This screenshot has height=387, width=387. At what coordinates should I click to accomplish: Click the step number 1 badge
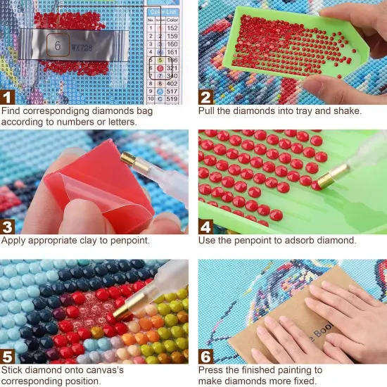[x=9, y=96]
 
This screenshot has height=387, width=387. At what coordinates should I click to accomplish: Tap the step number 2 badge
[x=206, y=96]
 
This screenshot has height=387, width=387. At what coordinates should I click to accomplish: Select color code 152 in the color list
[x=172, y=29]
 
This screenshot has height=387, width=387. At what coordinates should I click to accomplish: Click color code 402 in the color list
[x=172, y=83]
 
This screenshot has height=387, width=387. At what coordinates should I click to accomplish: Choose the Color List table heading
[x=164, y=10]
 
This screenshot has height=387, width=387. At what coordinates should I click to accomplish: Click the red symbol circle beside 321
[x=160, y=68]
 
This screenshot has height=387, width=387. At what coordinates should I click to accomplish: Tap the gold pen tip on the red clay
[x=130, y=161]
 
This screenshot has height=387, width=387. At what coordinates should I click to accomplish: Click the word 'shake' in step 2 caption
[x=347, y=110]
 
